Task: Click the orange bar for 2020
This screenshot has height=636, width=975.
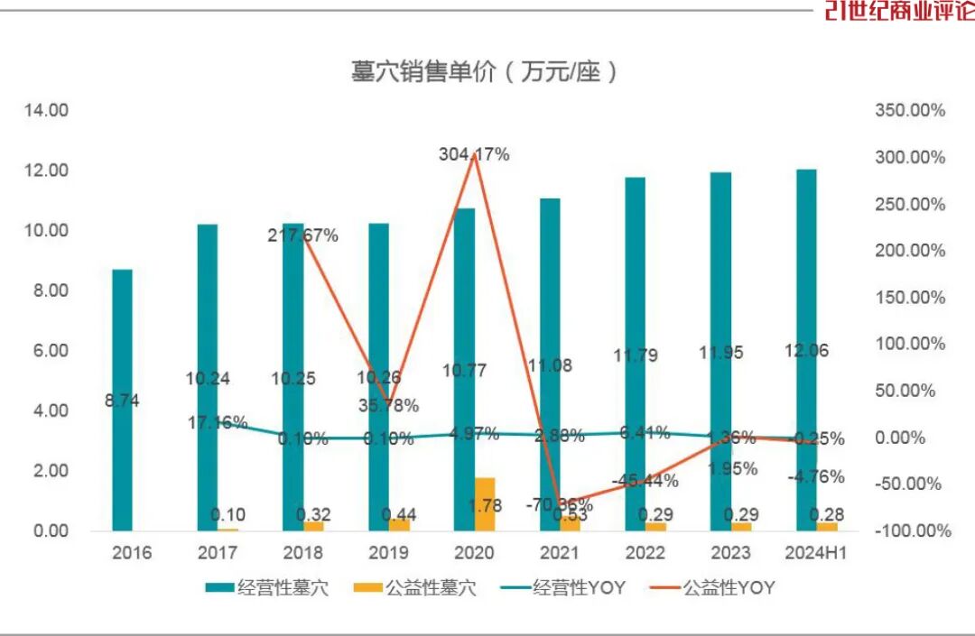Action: [x=485, y=504]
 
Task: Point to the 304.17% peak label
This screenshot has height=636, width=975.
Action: [x=474, y=154]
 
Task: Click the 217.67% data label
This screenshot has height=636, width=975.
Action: [x=302, y=235]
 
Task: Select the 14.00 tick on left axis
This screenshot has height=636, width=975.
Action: [x=46, y=110]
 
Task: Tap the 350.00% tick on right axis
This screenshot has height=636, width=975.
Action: [x=910, y=110]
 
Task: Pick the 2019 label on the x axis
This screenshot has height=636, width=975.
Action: [x=388, y=552]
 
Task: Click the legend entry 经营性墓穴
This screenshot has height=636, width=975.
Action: [x=267, y=588]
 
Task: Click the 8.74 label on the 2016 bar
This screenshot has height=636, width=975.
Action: [x=121, y=400]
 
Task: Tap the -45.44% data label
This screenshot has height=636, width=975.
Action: [x=645, y=481]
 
